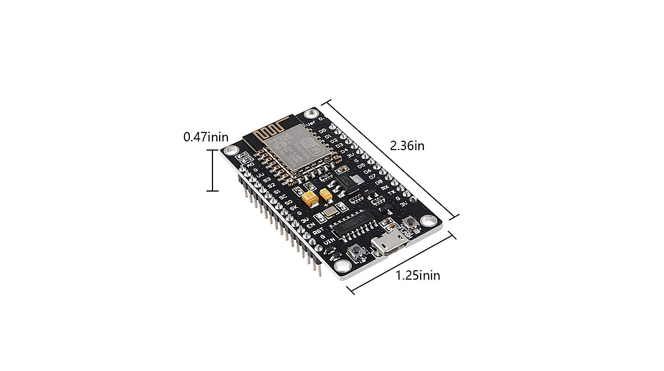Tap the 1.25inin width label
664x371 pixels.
(418, 275)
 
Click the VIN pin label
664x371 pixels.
(329, 243)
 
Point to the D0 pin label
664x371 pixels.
(323, 131)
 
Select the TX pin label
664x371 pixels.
(392, 193)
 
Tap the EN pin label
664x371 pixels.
(311, 225)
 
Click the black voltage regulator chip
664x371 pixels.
(347, 181)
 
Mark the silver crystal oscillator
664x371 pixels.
(331, 210)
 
